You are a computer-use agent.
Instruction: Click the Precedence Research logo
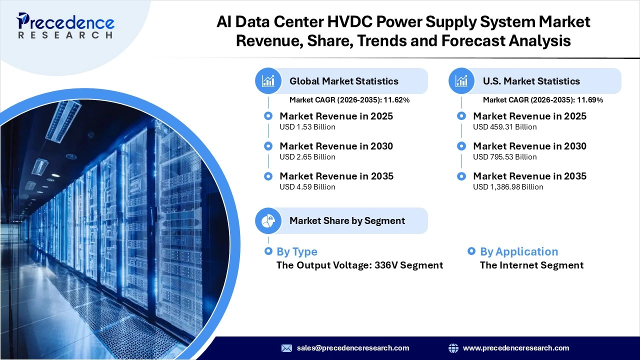pos(65,25)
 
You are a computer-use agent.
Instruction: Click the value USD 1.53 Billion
pos(307,127)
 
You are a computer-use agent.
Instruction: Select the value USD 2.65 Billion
pos(307,157)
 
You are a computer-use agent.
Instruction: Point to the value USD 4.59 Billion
pos(307,187)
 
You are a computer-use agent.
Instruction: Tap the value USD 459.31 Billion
pos(504,127)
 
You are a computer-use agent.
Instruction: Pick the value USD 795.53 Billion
pos(504,157)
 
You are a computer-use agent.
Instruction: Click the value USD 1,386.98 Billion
pos(507,187)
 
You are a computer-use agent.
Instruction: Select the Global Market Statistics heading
pos(343,81)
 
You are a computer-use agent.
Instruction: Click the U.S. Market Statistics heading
pos(531,81)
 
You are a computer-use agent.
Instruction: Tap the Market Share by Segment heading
pos(347,220)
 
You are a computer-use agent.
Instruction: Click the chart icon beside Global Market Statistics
pos(268,81)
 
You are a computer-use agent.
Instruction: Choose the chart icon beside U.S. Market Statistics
pos(461,81)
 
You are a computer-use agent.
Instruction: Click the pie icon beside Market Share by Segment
pos(268,220)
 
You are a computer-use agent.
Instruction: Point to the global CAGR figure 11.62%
pos(396,100)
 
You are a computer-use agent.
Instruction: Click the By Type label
pos(296,251)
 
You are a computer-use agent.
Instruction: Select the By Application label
pos(518,251)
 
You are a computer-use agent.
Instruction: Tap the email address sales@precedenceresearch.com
pos(352,348)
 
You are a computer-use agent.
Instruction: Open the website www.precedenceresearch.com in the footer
pos(515,348)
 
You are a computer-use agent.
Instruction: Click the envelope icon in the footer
pos(286,348)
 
